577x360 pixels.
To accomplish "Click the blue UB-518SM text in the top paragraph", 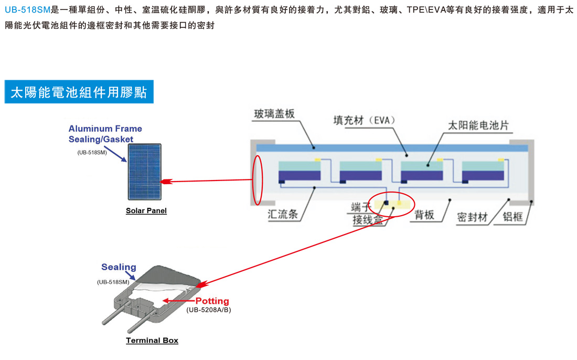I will [27, 10].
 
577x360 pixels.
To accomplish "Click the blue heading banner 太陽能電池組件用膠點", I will [79, 92].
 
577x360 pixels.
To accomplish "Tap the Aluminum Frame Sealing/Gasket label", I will [105, 134].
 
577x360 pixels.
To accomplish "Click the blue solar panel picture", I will [144, 172].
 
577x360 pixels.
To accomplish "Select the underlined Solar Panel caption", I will [146, 211].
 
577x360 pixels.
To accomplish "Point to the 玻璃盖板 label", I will [274, 113].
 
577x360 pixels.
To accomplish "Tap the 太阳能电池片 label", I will [478, 125].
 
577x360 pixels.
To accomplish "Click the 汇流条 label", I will [283, 214].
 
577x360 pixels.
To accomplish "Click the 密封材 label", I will [472, 216].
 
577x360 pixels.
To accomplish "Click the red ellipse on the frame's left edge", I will [257, 179].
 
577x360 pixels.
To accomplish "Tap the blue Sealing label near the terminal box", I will [119, 267].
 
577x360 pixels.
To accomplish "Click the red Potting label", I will [212, 301].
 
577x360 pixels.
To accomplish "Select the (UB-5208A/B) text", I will [208, 310].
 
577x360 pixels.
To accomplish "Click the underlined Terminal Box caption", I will [152, 341].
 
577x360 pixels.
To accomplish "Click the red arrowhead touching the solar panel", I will [165, 182].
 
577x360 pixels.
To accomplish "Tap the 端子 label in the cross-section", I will [360, 207].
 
